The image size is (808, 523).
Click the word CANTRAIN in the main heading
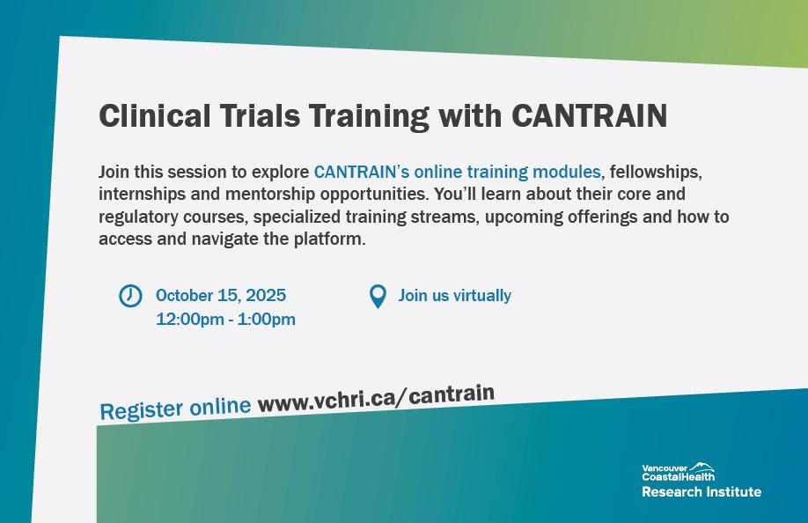[589, 115]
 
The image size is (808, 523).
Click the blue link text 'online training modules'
[507, 172]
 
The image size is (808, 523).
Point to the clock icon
[130, 296]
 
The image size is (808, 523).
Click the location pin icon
[378, 297]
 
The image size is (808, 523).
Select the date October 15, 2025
[221, 295]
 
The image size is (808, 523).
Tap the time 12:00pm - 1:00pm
[225, 319]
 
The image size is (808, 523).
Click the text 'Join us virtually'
[454, 295]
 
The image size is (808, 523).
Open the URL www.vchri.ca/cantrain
[376, 398]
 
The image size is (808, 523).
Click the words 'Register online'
[175, 409]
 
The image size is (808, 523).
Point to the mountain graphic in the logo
[701, 467]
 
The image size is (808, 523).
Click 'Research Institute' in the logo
[701, 491]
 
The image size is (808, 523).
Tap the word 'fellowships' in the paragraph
[656, 172]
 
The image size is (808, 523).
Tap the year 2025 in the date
[266, 295]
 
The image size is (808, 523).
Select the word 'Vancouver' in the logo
[665, 468]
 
